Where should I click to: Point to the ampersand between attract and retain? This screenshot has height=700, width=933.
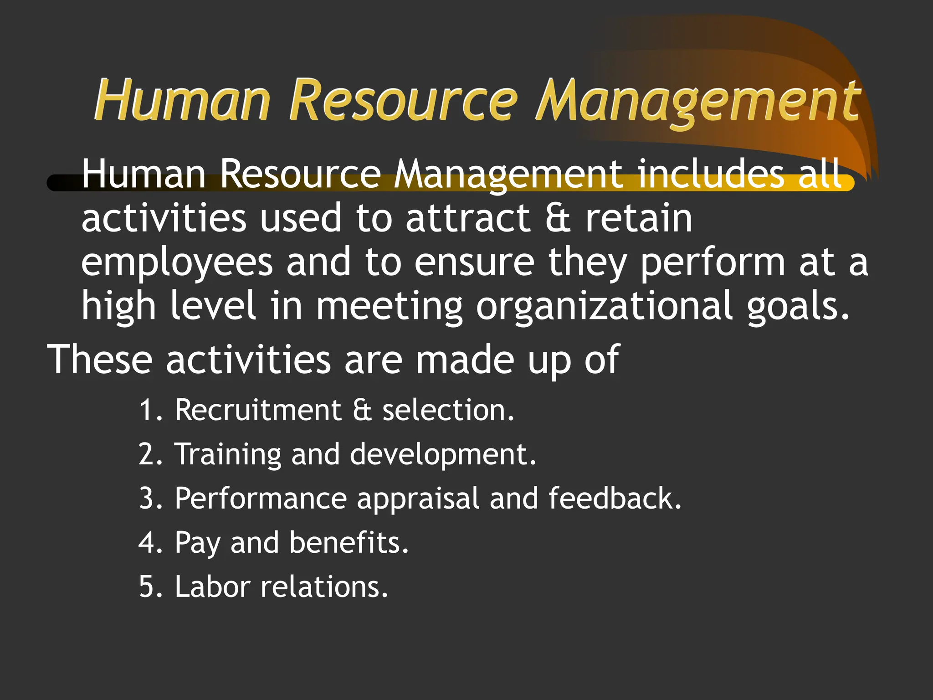click(558, 218)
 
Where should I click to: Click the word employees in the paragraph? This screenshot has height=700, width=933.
click(177, 263)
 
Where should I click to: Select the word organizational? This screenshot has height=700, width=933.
click(604, 307)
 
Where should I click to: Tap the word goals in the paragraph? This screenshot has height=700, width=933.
click(798, 307)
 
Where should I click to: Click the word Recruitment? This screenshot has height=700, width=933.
click(258, 410)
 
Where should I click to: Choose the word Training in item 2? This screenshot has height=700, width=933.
click(228, 455)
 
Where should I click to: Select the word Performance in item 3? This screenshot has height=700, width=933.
click(261, 498)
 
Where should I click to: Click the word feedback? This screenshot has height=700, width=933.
click(615, 498)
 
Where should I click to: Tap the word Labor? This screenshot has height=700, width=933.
click(212, 587)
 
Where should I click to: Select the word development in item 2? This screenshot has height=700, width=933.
click(443, 455)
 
